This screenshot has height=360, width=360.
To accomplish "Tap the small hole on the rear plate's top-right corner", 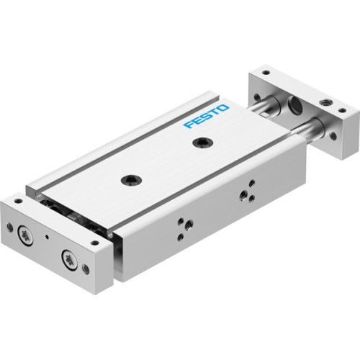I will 341,111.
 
